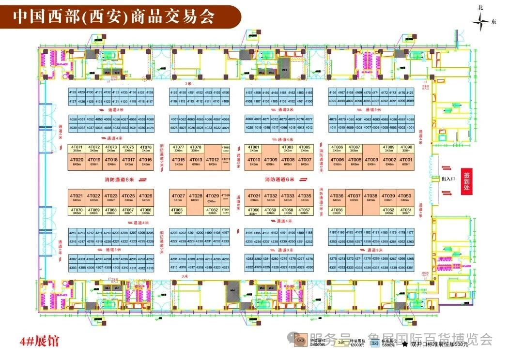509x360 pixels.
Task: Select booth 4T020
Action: [x=77, y=162]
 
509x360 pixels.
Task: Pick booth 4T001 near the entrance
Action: [x=406, y=162]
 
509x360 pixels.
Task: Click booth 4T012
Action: [x=212, y=162]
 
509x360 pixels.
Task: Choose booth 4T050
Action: [x=405, y=197]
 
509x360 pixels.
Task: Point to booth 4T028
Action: [x=196, y=197]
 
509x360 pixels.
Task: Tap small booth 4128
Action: [x=73, y=92]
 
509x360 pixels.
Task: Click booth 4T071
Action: [x=77, y=149]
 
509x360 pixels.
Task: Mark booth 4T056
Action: [x=337, y=211]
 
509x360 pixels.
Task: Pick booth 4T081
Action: [x=254, y=149]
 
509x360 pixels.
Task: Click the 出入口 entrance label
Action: [x=447, y=180]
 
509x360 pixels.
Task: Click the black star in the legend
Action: [x=404, y=344]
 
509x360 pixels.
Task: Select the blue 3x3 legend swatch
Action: [x=374, y=343]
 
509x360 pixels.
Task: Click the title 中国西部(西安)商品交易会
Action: [x=113, y=17]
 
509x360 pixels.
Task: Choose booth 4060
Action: [x=150, y=120]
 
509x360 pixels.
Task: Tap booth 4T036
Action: [x=337, y=197]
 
